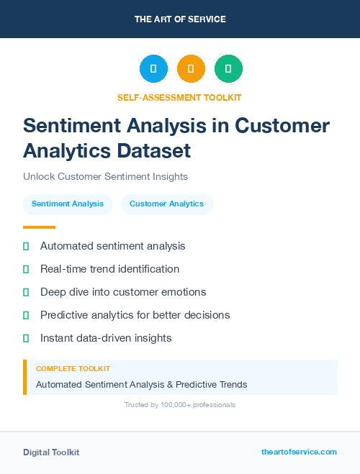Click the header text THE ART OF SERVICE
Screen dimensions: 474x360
180,19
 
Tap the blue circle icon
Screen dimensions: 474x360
153,69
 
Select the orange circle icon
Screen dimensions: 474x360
191,69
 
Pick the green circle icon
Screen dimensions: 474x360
228,69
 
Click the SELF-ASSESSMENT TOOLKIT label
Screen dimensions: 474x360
180,97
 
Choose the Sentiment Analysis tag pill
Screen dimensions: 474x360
68,204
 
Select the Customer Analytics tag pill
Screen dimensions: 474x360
166,204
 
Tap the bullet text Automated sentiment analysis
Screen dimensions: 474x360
112,246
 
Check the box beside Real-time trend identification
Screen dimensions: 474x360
26,269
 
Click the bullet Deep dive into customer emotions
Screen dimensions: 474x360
123,292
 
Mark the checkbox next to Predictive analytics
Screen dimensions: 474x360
26,315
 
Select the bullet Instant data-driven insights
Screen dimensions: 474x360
106,337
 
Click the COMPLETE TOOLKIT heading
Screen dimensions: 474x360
73,369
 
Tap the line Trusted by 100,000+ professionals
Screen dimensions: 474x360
180,405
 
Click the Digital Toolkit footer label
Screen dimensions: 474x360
51,452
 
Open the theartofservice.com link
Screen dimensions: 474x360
299,452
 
